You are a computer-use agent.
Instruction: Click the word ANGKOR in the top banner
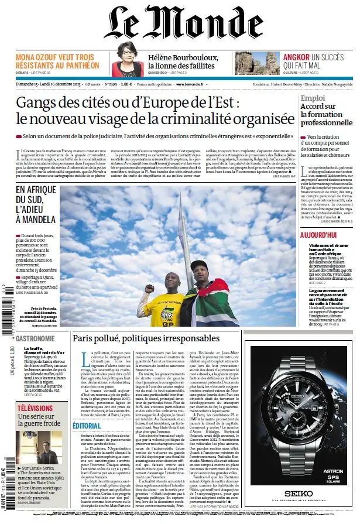point(296,57)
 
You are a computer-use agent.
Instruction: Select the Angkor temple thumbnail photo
point(257,63)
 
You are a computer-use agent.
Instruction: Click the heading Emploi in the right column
point(313,98)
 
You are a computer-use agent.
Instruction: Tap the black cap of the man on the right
point(198,265)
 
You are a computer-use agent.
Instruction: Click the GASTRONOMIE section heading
point(36,338)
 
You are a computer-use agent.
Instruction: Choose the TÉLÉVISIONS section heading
point(35,408)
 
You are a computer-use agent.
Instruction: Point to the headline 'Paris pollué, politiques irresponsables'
point(146,338)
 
